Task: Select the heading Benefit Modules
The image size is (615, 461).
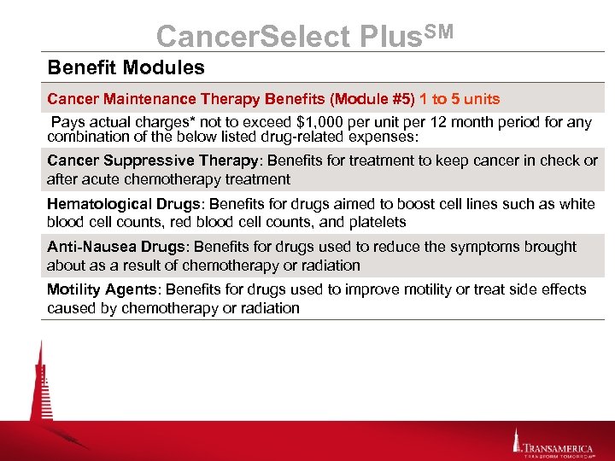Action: (126, 67)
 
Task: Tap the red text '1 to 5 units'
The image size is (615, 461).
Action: (460, 99)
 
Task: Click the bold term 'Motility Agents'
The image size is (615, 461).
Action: (95, 289)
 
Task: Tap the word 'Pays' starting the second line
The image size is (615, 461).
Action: (69, 122)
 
